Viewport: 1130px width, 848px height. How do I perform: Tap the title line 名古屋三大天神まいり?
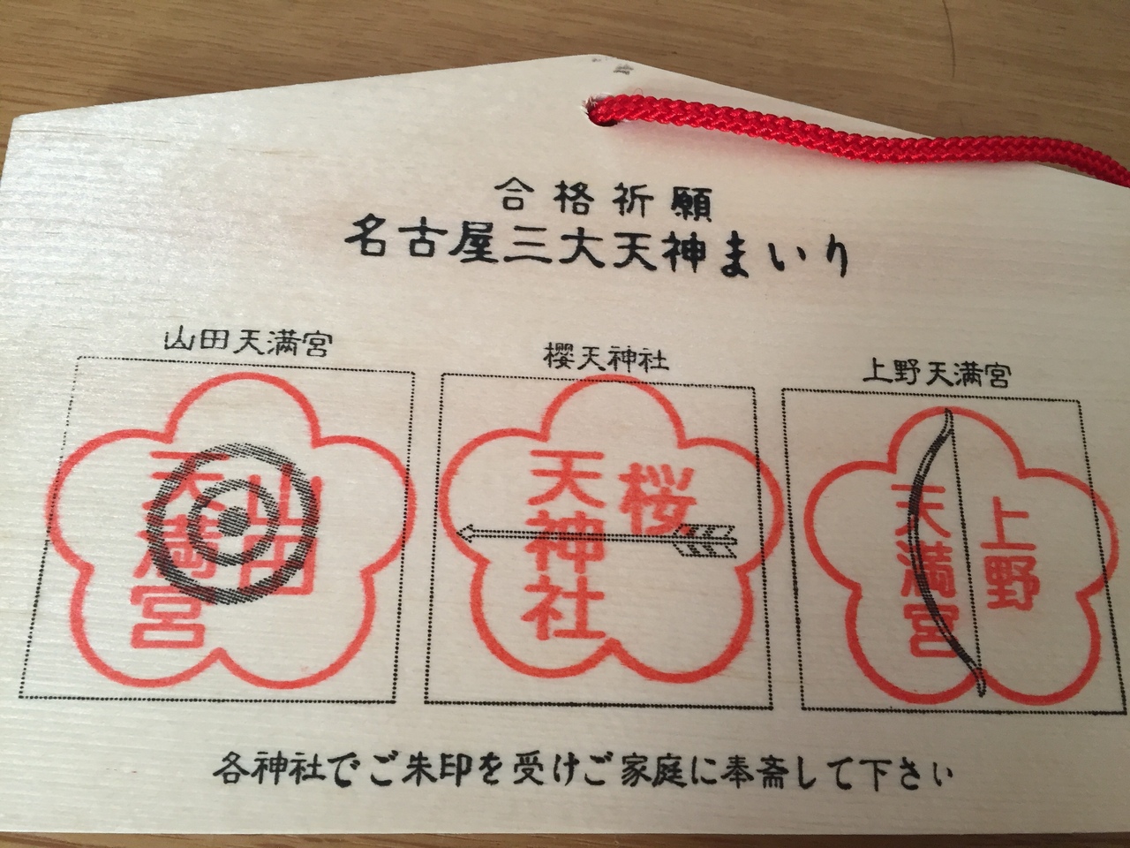(x=596, y=254)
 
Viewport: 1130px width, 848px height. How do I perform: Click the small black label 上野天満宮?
(x=936, y=377)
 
